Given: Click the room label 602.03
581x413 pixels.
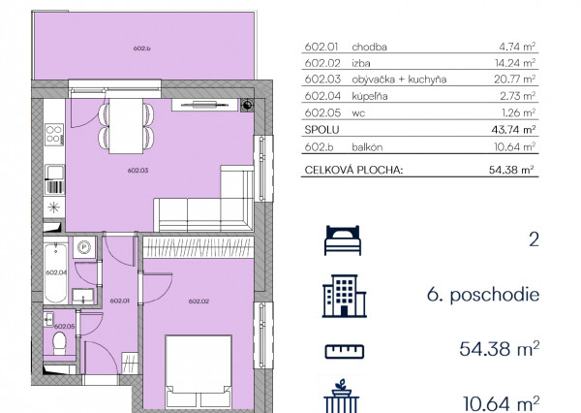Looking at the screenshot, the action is pyautogui.click(x=138, y=171).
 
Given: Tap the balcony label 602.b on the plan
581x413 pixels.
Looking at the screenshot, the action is pyautogui.click(x=141, y=48).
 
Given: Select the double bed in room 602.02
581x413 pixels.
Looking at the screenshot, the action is pyautogui.click(x=199, y=371).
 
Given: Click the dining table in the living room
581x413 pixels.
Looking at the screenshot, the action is pyautogui.click(x=126, y=126).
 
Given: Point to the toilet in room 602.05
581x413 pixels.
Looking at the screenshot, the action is pyautogui.click(x=59, y=343).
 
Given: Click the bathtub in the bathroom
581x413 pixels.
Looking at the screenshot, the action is pyautogui.click(x=55, y=272).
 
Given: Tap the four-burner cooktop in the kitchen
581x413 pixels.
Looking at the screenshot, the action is pyautogui.click(x=54, y=135).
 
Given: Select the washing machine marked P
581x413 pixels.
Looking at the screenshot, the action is pyautogui.click(x=84, y=247).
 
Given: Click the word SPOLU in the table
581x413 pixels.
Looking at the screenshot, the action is pyautogui.click(x=321, y=130).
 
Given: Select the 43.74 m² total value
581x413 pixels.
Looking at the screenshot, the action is pyautogui.click(x=513, y=130).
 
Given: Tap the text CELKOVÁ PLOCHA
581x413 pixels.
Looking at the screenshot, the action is pyautogui.click(x=353, y=170).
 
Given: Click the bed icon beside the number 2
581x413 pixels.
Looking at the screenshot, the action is pyautogui.click(x=343, y=240).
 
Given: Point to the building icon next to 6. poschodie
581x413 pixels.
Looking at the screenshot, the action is pyautogui.click(x=344, y=296).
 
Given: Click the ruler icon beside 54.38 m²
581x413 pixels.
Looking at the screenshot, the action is pyautogui.click(x=344, y=351).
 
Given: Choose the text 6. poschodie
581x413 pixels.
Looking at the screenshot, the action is pyautogui.click(x=483, y=295).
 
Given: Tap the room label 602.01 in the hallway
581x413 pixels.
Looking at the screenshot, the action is pyautogui.click(x=120, y=301).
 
